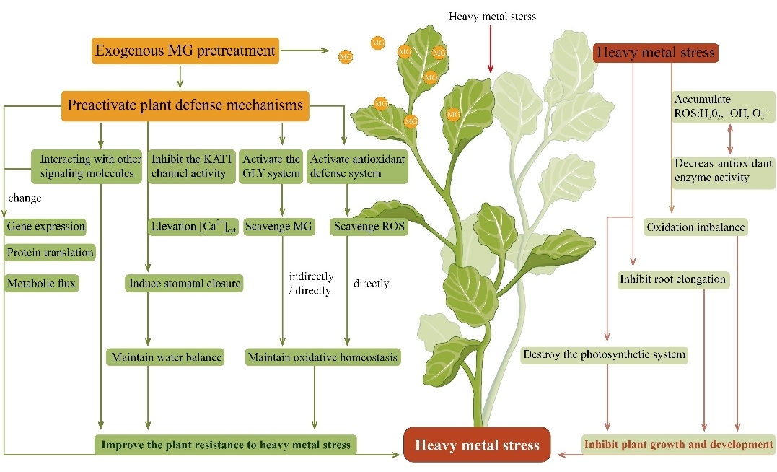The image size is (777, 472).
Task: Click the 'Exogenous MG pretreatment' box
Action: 185,51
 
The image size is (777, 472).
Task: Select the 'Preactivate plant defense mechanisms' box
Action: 185,105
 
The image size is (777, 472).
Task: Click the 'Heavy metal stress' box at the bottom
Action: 477,445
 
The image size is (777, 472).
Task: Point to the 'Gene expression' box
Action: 45,227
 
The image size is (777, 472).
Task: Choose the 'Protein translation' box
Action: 51,253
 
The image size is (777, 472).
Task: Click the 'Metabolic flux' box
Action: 41,284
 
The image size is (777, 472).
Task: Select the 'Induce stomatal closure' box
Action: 185,284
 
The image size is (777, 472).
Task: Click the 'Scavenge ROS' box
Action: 370,227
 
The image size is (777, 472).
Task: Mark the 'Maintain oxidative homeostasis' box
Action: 322,357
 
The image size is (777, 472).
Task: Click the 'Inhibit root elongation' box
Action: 672,279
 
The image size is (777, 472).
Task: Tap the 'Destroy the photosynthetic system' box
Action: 603,354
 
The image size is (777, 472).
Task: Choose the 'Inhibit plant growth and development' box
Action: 678,445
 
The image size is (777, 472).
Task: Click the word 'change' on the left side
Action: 25,197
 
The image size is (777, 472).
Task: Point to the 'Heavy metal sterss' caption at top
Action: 492,17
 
